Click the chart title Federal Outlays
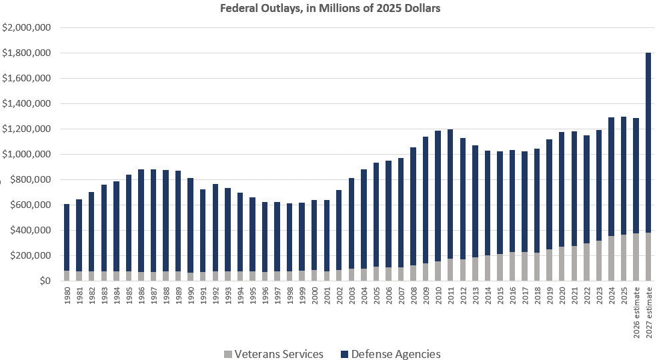(x=329, y=9)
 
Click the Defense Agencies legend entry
(x=396, y=353)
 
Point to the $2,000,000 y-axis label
(x=27, y=28)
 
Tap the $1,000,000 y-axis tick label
(x=27, y=155)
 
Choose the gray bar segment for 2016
(x=512, y=267)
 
